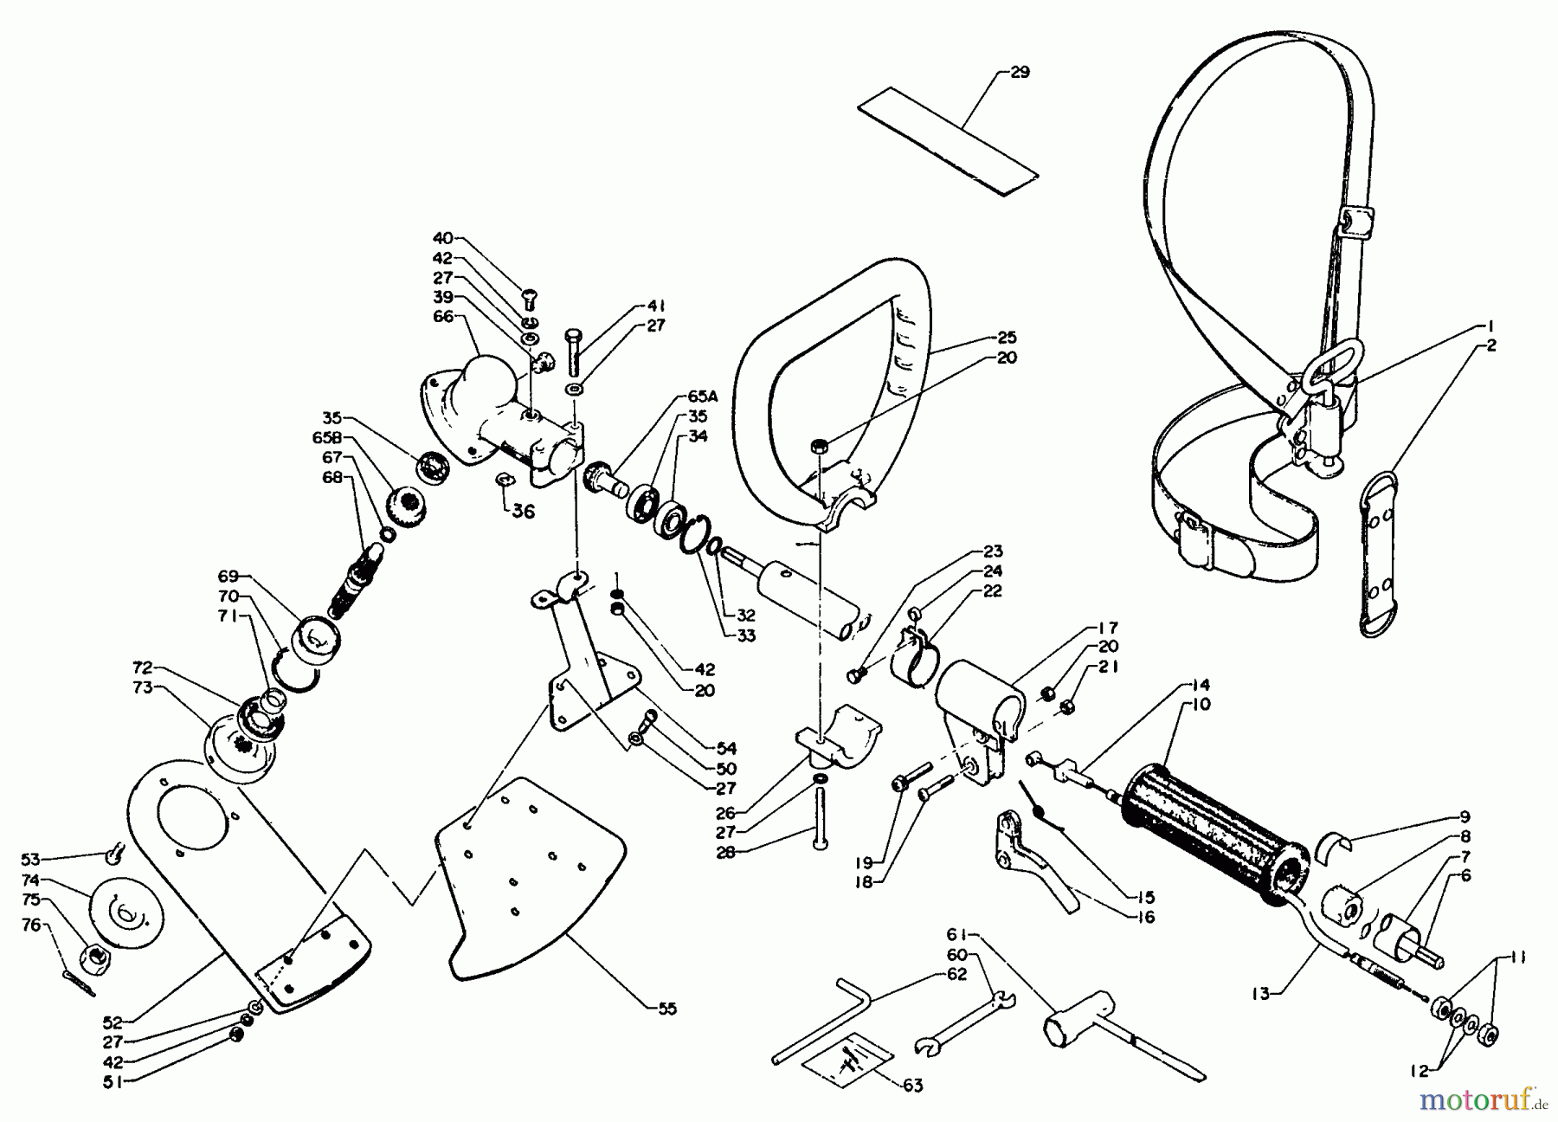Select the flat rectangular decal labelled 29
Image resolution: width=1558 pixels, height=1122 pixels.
point(947,143)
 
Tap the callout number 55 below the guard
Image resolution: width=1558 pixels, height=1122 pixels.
point(666,1009)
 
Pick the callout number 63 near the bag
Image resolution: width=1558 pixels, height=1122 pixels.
point(912,1085)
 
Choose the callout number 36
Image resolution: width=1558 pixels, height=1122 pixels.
point(523,512)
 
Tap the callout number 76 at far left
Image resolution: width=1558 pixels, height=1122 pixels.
point(31,926)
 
